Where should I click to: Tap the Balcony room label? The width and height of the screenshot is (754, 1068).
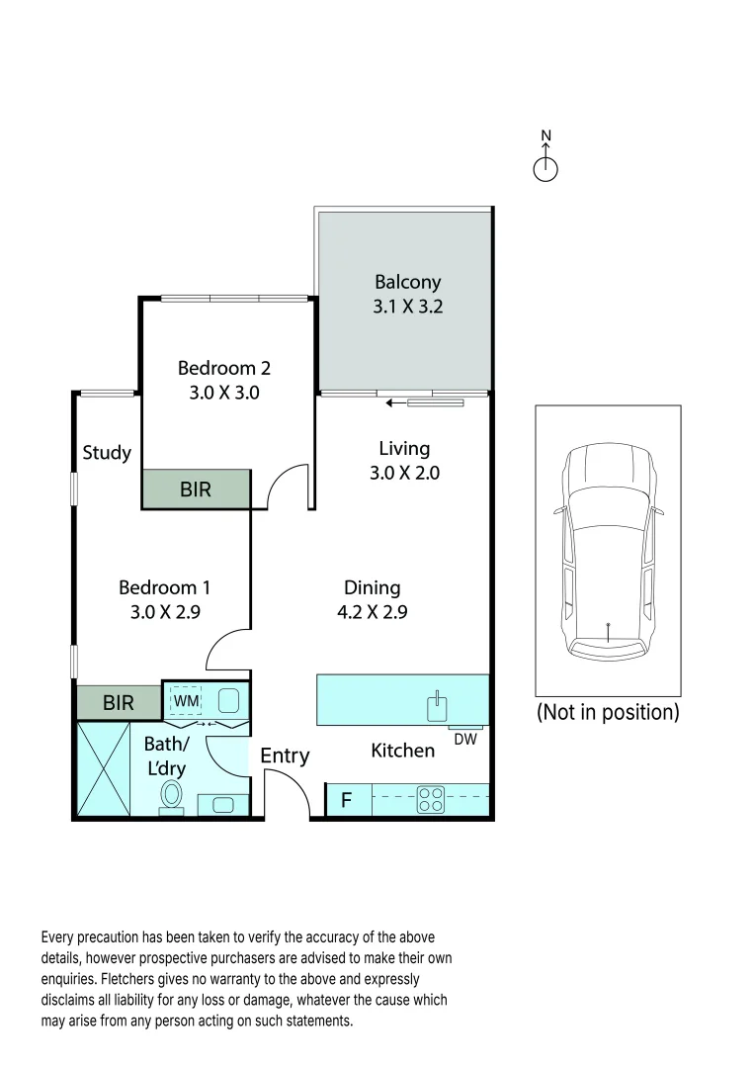click(x=407, y=283)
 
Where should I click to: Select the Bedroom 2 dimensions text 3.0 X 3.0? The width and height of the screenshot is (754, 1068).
click(x=223, y=392)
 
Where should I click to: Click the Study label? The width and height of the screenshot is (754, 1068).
click(x=107, y=453)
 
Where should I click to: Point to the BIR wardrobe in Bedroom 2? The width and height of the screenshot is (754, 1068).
click(x=196, y=489)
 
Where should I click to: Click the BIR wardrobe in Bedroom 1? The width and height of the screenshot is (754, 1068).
click(x=119, y=703)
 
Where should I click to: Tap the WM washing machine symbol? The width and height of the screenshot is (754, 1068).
click(x=187, y=701)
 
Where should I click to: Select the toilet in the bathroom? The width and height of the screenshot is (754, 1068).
click(x=174, y=794)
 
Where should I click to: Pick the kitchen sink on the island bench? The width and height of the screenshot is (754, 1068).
click(x=437, y=705)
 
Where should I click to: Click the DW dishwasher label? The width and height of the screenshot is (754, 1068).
click(x=463, y=738)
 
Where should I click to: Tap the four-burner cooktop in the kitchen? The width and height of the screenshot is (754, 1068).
click(x=430, y=799)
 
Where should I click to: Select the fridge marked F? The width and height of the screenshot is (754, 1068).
click(x=347, y=800)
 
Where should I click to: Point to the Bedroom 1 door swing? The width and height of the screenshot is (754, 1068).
click(x=224, y=651)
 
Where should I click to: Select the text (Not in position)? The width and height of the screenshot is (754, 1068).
click(x=608, y=713)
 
